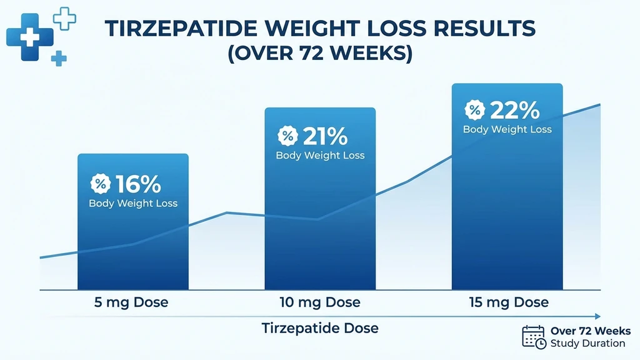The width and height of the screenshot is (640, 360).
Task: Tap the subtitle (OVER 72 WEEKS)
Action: point(319,53)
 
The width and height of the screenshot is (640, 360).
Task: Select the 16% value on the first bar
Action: point(137,184)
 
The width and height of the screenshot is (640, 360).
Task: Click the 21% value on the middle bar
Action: point(325,136)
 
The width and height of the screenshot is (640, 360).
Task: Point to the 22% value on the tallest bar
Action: point(514,111)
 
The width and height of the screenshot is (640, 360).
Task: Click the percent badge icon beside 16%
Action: point(100,184)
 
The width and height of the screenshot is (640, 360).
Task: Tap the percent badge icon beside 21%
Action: point(287,136)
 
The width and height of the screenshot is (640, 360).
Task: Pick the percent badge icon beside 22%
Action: point(474,111)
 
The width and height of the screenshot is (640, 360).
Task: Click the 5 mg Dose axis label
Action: point(132,302)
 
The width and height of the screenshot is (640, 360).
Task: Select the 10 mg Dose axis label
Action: point(320,302)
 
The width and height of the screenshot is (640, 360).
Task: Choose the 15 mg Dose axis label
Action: point(508,302)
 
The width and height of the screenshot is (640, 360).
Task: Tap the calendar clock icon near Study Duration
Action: point(533,337)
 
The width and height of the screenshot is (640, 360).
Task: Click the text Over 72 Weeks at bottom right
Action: point(590,331)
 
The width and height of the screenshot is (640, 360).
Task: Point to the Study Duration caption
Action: point(587,344)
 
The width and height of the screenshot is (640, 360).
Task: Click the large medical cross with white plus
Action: point(29,37)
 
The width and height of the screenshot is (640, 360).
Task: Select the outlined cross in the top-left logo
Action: point(64,18)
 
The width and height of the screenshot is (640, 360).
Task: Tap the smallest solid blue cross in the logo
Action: point(59,59)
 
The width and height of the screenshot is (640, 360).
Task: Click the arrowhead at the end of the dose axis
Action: point(597,316)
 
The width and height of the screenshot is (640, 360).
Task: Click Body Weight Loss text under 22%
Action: point(507,129)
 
